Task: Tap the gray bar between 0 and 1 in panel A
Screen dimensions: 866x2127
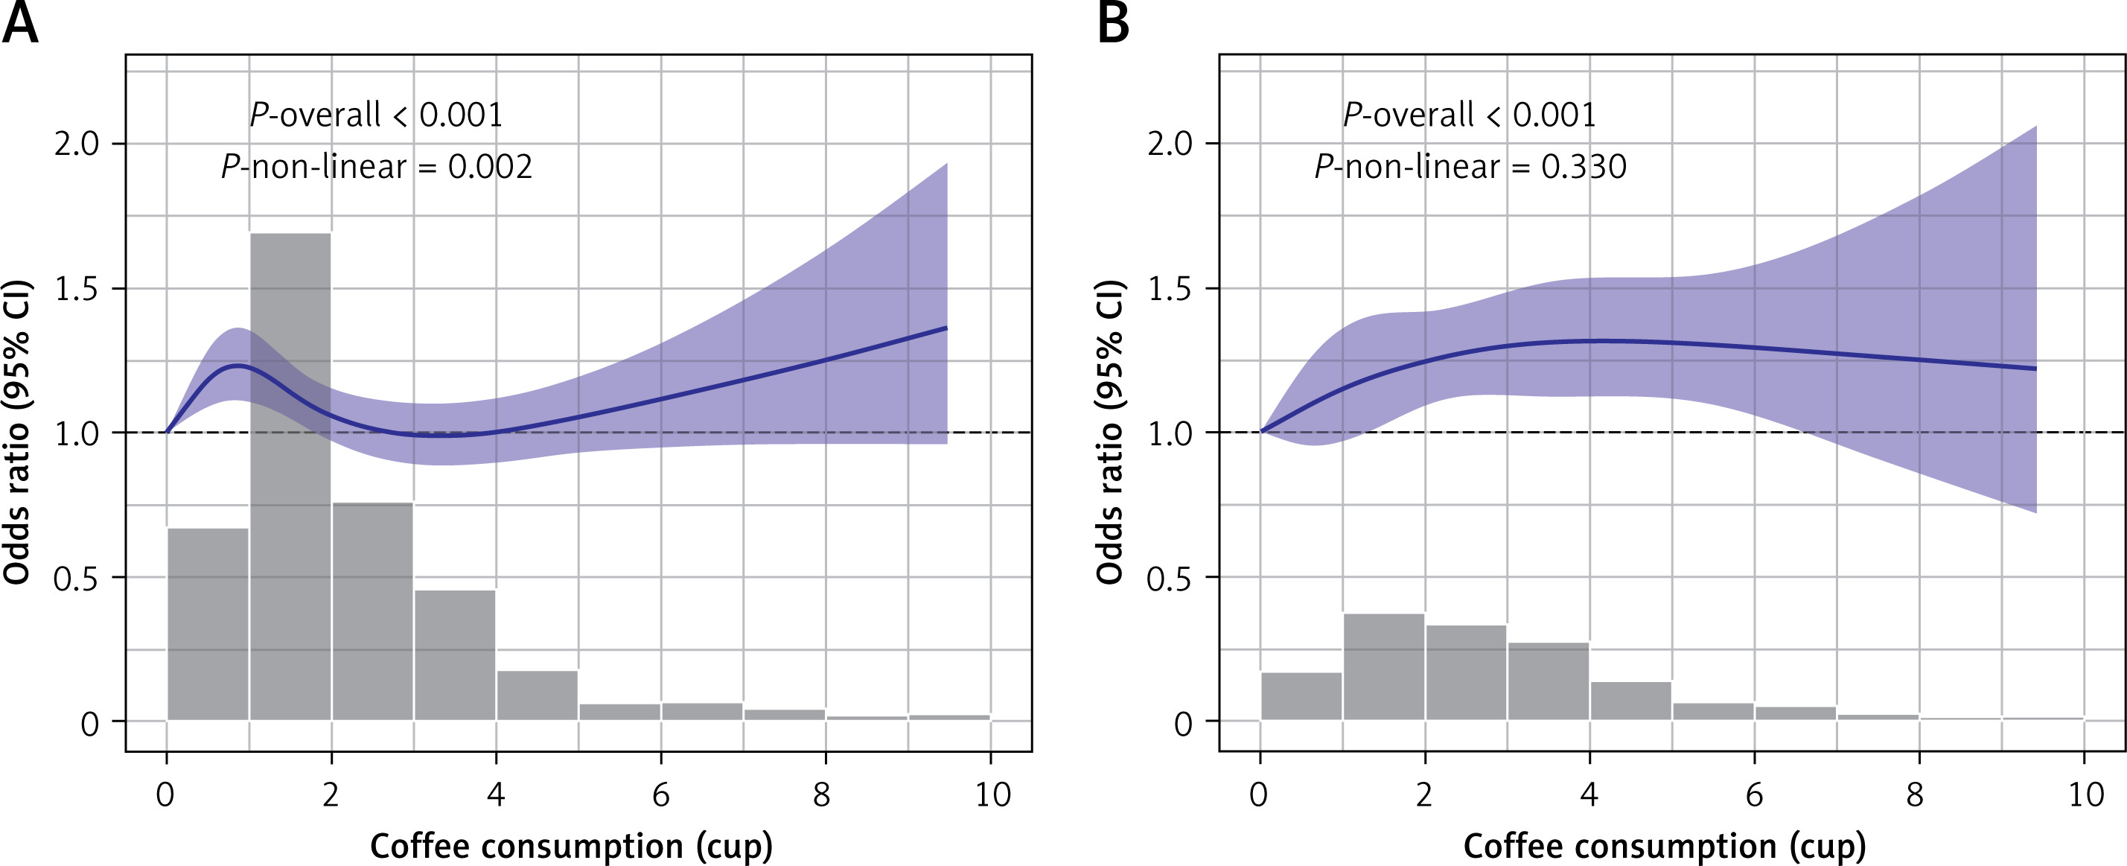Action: click(208, 624)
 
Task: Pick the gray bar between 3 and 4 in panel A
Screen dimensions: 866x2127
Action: click(455, 655)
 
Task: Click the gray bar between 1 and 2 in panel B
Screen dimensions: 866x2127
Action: click(1384, 666)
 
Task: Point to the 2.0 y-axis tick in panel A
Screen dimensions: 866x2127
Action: click(76, 144)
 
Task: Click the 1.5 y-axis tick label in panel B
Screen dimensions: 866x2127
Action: click(1170, 290)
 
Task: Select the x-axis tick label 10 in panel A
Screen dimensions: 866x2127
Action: click(992, 795)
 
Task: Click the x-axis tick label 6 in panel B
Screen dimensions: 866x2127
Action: click(1755, 795)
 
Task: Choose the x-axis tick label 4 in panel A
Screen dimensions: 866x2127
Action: click(495, 795)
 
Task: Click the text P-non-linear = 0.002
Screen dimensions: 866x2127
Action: click(377, 168)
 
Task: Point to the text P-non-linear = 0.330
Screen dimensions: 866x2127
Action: click(1470, 168)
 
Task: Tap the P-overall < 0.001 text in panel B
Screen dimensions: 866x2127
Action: click(1470, 115)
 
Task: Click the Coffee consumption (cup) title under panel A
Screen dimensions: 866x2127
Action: click(571, 846)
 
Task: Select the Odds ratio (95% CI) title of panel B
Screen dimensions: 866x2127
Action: click(1111, 433)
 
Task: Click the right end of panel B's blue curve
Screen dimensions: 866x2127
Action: click(2036, 368)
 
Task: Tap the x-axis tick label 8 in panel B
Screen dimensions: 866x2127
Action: click(1916, 795)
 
